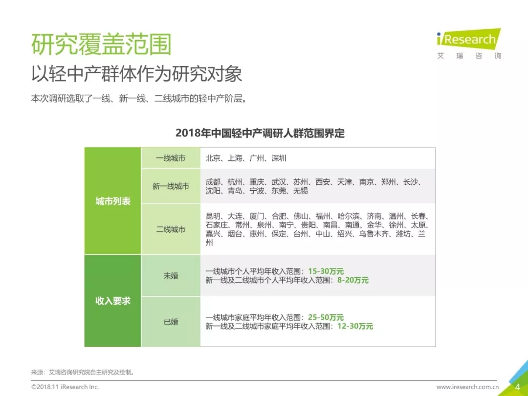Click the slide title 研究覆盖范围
click(102, 45)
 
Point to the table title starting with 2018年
click(260, 133)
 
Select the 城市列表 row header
click(113, 201)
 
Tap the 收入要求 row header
click(113, 301)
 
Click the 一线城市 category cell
click(171, 158)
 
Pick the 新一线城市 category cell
click(171, 186)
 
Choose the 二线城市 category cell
click(171, 229)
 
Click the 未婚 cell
click(171, 276)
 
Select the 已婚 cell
click(171, 322)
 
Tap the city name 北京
click(213, 158)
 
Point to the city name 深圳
click(279, 158)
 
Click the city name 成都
click(213, 182)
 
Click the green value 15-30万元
click(326, 271)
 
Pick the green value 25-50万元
click(326, 317)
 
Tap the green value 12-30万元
click(355, 326)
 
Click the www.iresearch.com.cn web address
click(467, 387)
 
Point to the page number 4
click(517, 387)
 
